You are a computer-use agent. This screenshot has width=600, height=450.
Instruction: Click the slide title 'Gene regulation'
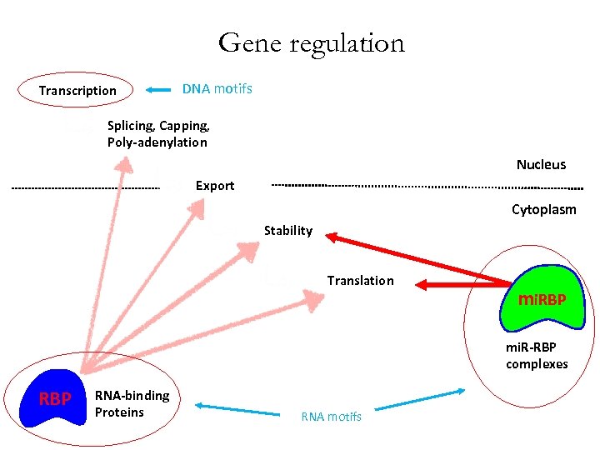311,42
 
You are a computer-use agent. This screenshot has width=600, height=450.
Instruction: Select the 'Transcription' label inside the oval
77,91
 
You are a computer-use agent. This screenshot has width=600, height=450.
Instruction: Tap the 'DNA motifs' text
217,88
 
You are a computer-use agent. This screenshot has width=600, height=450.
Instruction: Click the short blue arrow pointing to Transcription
158,89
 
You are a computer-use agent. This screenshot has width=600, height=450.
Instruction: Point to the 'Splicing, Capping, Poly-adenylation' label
158,134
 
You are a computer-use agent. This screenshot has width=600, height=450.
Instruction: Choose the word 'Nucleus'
541,165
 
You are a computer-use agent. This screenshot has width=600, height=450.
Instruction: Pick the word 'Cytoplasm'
543,210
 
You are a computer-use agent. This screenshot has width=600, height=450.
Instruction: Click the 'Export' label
215,186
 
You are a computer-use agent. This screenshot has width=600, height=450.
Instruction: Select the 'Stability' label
287,231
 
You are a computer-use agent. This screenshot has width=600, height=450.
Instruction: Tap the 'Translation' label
360,281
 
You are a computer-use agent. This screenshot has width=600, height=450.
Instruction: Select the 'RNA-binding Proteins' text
132,404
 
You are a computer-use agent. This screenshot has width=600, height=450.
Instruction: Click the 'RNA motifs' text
332,417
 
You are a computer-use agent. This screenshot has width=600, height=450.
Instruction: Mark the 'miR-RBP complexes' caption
537,356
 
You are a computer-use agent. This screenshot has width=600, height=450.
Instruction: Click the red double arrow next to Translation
450,285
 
